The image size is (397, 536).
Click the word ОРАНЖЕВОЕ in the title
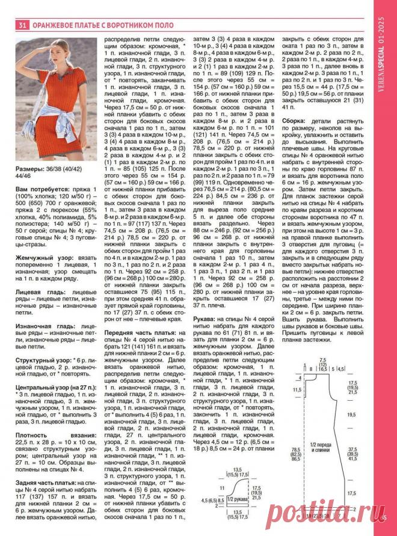click(x=55, y=25)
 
